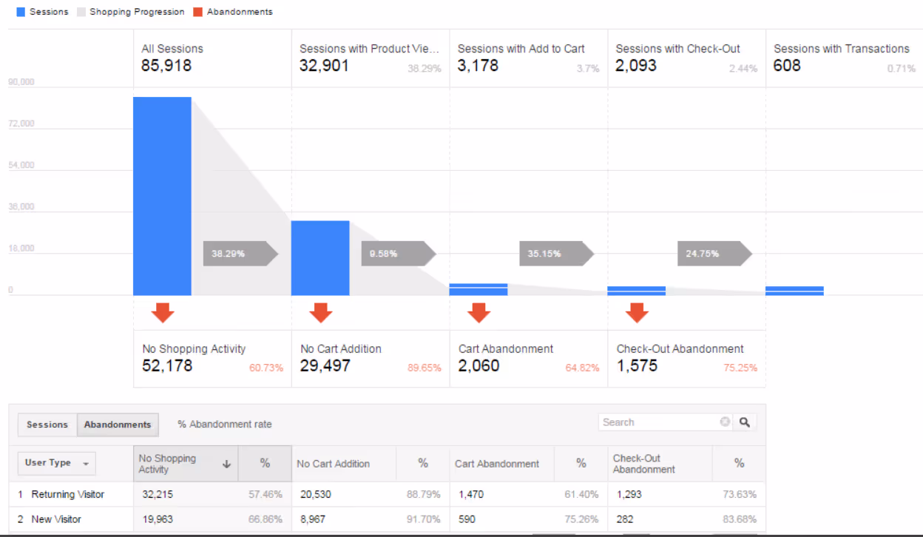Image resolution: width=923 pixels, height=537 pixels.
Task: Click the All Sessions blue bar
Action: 162,196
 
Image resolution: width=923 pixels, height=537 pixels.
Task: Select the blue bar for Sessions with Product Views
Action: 320,257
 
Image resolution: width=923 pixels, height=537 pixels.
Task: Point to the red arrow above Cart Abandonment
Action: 479,313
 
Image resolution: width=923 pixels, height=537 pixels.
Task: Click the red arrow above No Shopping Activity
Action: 163,313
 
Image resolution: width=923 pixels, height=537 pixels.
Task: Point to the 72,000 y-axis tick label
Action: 21,124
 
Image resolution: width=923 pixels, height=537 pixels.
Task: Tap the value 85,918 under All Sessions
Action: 166,66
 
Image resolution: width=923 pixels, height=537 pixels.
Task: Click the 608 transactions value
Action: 787,66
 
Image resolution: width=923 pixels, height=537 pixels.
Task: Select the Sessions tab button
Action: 47,425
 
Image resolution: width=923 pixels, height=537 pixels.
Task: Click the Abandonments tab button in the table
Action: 118,425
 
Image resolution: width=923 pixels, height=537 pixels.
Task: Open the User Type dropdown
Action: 56,463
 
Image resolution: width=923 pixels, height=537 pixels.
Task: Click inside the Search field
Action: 658,422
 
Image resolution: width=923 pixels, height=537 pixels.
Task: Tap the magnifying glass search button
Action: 745,422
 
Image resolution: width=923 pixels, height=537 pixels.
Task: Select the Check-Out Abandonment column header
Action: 643,464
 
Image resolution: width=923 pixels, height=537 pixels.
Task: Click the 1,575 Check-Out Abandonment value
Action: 637,366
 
